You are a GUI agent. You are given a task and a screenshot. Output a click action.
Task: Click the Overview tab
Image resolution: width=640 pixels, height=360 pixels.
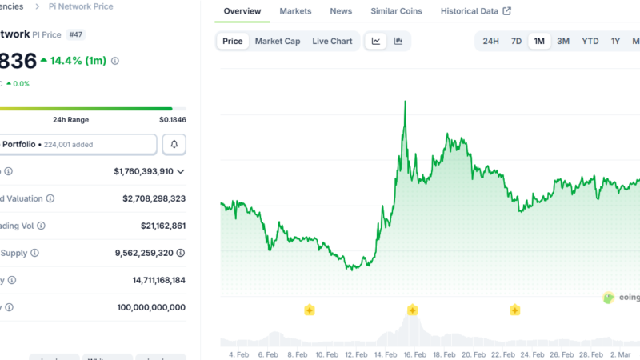pyautogui.click(x=242, y=11)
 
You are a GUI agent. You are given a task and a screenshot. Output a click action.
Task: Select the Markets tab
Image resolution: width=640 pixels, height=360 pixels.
pyautogui.click(x=295, y=11)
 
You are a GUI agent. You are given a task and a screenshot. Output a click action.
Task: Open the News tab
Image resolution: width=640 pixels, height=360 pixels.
pyautogui.click(x=341, y=11)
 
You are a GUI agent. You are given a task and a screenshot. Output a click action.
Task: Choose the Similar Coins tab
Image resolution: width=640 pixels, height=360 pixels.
pyautogui.click(x=396, y=11)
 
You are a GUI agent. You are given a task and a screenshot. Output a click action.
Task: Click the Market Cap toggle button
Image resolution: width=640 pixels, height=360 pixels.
pyautogui.click(x=278, y=41)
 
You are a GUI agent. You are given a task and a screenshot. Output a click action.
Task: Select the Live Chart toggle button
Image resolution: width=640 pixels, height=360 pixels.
pyautogui.click(x=332, y=41)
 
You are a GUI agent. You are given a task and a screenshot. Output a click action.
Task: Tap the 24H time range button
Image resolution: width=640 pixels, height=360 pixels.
pyautogui.click(x=491, y=41)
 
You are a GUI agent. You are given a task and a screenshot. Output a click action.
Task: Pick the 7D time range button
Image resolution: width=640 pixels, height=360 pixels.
pyautogui.click(x=517, y=41)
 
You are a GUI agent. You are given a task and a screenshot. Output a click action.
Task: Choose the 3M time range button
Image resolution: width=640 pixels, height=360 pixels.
pyautogui.click(x=563, y=41)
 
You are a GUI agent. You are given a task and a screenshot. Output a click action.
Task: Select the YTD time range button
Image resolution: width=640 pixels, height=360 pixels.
pyautogui.click(x=590, y=41)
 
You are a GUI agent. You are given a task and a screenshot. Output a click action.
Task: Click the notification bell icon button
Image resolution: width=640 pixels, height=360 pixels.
pyautogui.click(x=174, y=144)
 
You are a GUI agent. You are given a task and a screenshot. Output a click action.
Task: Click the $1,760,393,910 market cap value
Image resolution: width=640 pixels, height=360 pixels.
pyautogui.click(x=143, y=171)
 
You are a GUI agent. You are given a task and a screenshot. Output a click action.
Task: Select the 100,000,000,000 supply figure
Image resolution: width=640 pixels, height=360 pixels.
pyautogui.click(x=139, y=307)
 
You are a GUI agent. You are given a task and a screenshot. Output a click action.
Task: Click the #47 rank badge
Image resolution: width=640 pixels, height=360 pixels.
pyautogui.click(x=76, y=35)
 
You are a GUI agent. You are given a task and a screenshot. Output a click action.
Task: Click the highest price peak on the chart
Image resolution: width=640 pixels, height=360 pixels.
pyautogui.click(x=406, y=102)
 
